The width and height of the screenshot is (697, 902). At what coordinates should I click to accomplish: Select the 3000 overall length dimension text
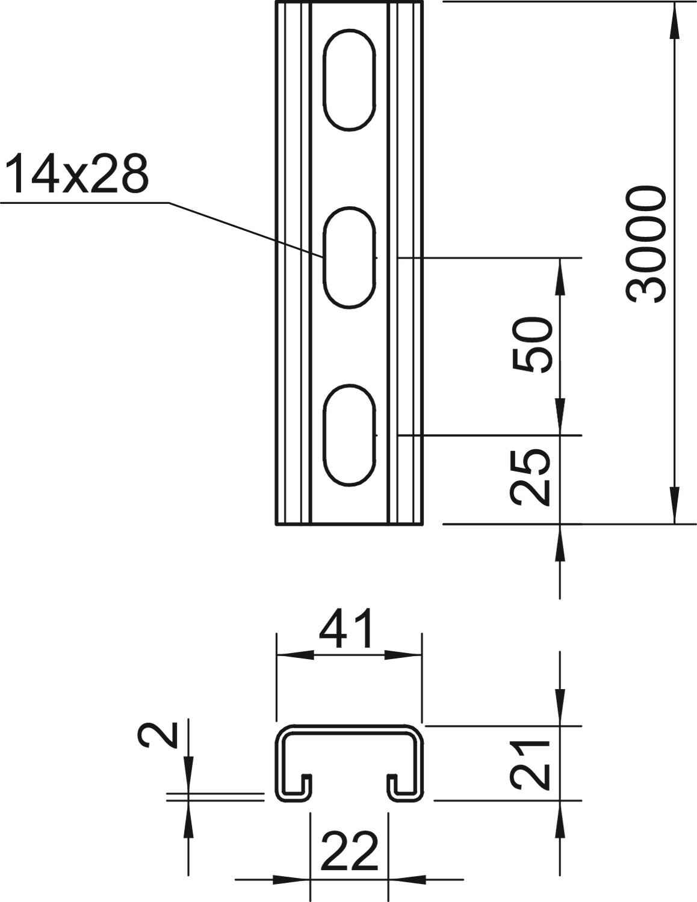coord(645,245)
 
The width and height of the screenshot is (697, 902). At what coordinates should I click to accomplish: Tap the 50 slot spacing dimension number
coord(533,345)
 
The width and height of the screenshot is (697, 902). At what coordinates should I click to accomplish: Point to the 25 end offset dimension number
coord(530,477)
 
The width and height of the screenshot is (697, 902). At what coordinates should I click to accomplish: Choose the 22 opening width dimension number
coord(349,851)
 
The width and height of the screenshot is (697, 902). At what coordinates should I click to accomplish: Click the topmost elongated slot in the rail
coord(349,80)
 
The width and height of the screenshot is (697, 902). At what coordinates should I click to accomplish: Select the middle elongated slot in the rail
coord(349,258)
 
